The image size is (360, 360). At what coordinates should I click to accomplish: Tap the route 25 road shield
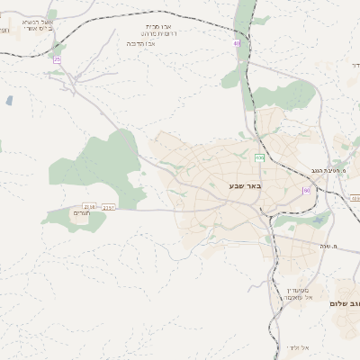[57, 59]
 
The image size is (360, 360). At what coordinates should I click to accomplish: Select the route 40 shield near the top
[237, 42]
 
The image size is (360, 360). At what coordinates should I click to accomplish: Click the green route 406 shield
[259, 158]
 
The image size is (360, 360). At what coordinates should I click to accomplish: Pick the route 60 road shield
[306, 191]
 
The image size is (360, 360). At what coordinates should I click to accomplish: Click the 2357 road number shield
[109, 207]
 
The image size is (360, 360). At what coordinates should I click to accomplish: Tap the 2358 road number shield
[89, 207]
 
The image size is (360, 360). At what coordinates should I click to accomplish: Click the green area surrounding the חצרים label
[67, 216]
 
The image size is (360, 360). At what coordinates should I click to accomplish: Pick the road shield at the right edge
[355, 197]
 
